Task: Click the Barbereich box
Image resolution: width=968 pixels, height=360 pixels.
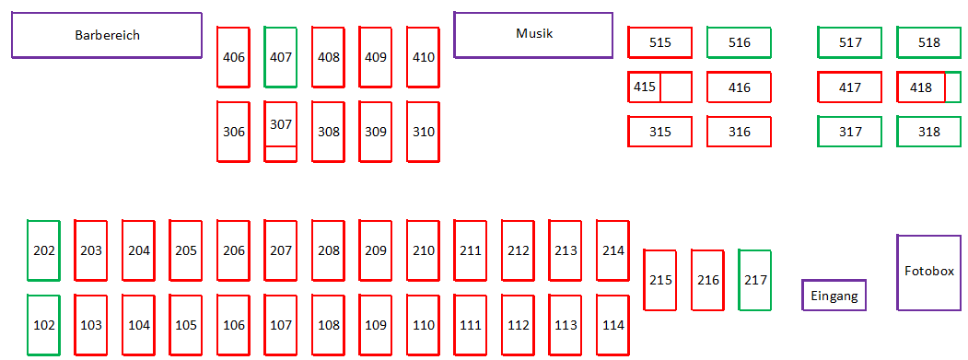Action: click(x=107, y=35)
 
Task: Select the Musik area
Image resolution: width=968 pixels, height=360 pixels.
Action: click(x=533, y=35)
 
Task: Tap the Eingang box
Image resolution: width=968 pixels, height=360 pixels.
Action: click(x=834, y=296)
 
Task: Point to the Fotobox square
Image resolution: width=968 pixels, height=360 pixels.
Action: click(x=928, y=272)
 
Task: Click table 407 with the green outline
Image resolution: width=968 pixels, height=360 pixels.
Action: click(x=280, y=57)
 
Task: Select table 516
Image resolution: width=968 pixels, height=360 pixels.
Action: click(x=739, y=42)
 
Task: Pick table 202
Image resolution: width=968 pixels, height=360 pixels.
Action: click(x=44, y=250)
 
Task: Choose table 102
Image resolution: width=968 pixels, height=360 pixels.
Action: click(x=44, y=325)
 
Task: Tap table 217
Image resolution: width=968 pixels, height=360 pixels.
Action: click(x=755, y=280)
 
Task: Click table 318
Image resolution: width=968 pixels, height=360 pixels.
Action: click(x=928, y=132)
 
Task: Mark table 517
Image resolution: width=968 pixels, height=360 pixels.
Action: click(x=850, y=42)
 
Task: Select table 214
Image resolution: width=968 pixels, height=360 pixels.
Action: click(x=613, y=250)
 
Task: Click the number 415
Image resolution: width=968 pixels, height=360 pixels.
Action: click(x=645, y=87)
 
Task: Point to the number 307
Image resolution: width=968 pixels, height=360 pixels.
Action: click(x=280, y=124)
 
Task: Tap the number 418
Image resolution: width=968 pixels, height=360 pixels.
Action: click(x=920, y=87)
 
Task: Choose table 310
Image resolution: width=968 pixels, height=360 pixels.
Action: click(x=423, y=132)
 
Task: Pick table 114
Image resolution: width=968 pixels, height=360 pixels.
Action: click(x=613, y=325)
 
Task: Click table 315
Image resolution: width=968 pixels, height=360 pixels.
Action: click(x=660, y=132)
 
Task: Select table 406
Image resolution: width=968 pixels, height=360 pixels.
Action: click(x=233, y=57)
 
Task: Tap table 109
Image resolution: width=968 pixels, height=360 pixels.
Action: click(x=376, y=325)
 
